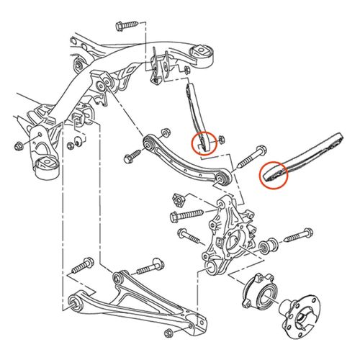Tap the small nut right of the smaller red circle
pyautogui.click(x=221, y=138)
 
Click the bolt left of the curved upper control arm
pyautogui.click(x=133, y=154)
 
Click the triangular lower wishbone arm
pyautogui.click(x=137, y=302)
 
